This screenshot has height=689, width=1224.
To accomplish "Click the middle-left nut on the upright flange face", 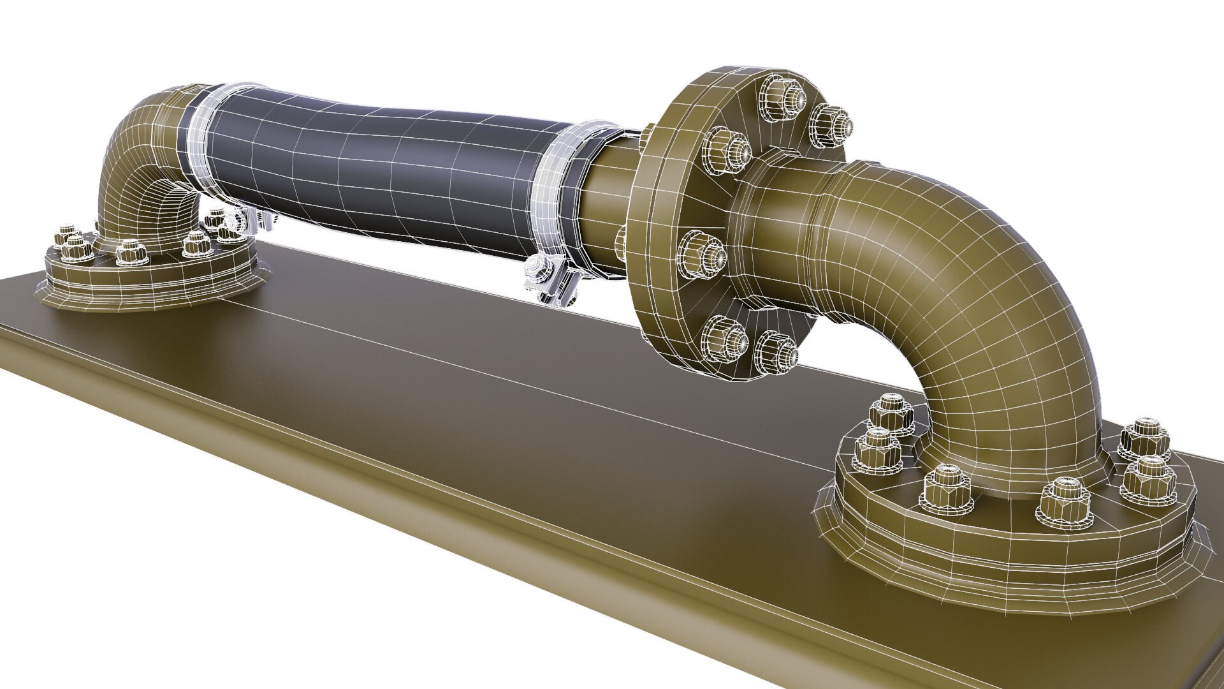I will [x=701, y=255].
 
